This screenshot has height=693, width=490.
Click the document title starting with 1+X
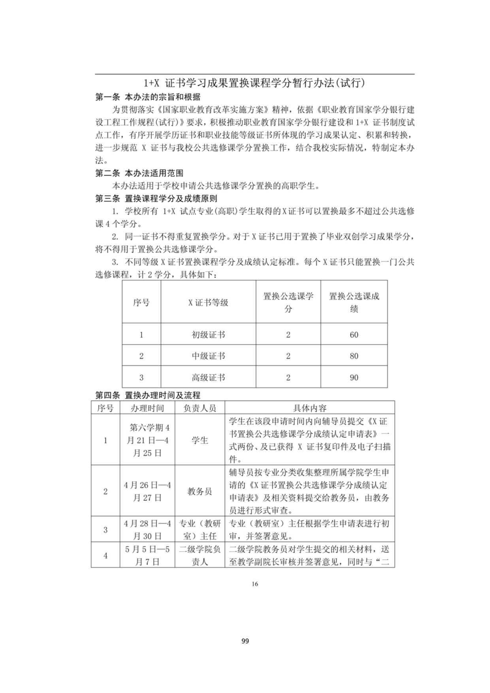pos(254,83)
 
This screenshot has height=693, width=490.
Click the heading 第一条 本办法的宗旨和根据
pos(148,97)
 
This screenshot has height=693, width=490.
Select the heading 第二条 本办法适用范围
pos(139,173)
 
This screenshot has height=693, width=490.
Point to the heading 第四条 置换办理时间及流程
pos(148,395)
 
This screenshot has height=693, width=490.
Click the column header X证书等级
pos(208,303)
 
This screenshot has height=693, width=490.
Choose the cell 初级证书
pos(208,335)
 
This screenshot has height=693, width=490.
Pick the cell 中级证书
pos(208,356)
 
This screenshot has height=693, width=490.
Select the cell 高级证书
pos(208,378)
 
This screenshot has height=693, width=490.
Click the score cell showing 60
pos(354,335)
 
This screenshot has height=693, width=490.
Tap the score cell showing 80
pos(354,356)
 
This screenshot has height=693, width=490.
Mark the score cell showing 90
pos(354,378)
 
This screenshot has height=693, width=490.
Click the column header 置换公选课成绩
pos(354,302)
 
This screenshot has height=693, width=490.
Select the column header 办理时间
pos(147,408)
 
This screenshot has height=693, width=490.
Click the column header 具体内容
pos(309,408)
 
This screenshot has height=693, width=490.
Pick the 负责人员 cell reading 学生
pos(200,440)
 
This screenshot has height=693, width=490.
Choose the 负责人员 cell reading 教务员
pos(200,491)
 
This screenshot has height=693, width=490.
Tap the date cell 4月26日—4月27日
pos(147,491)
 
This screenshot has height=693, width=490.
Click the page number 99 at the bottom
pos(245,641)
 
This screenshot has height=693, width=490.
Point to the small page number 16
pos(255,584)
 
